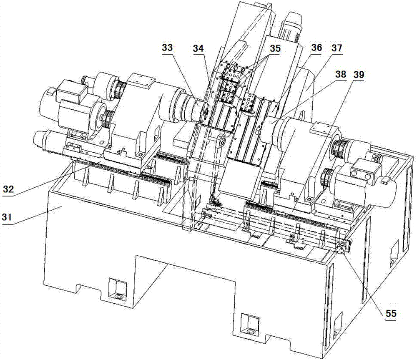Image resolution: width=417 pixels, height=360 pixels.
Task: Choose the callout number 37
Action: tap(337, 48)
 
